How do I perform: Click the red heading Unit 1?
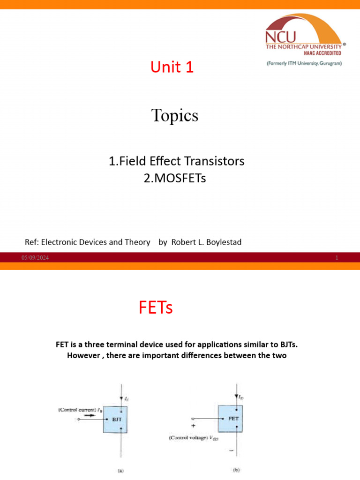point(172,67)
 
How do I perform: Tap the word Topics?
point(175,115)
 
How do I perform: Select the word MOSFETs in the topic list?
point(181,178)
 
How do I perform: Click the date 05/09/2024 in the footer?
point(35,258)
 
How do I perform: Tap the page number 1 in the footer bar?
point(337,258)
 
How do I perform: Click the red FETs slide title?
point(156,308)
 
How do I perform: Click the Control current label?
point(77,410)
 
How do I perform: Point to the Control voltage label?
point(192,438)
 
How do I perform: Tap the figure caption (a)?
point(120,471)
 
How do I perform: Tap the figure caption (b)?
point(237,469)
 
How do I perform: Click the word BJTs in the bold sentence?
point(287,345)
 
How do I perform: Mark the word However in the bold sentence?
point(84,355)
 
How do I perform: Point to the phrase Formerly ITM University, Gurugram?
point(304,63)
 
